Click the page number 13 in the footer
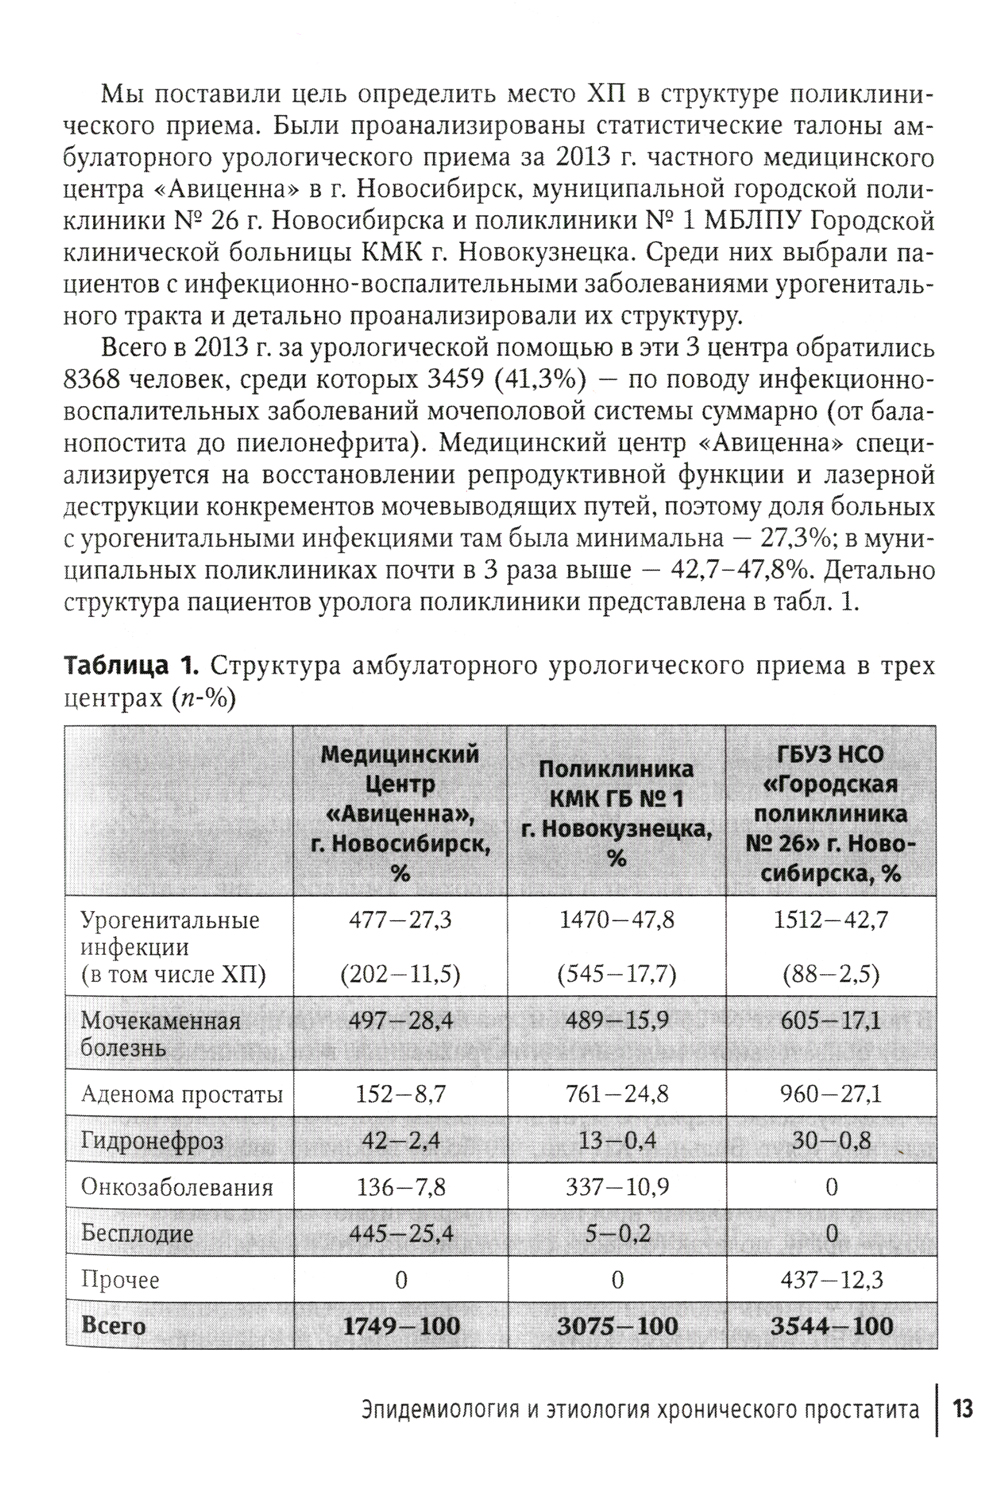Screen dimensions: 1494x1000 point(962,1411)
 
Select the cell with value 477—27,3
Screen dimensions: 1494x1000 point(400,920)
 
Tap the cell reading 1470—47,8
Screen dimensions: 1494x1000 point(617,920)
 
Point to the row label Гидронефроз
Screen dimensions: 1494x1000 point(152,1141)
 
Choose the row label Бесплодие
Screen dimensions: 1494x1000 point(137,1234)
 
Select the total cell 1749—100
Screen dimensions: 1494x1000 point(401,1327)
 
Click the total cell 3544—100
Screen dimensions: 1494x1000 point(832,1327)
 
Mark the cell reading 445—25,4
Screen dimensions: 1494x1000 point(401,1234)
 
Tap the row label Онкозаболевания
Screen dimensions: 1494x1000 point(176,1188)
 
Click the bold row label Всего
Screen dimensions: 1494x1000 point(113,1327)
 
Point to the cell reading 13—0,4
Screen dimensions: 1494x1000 point(617,1141)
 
